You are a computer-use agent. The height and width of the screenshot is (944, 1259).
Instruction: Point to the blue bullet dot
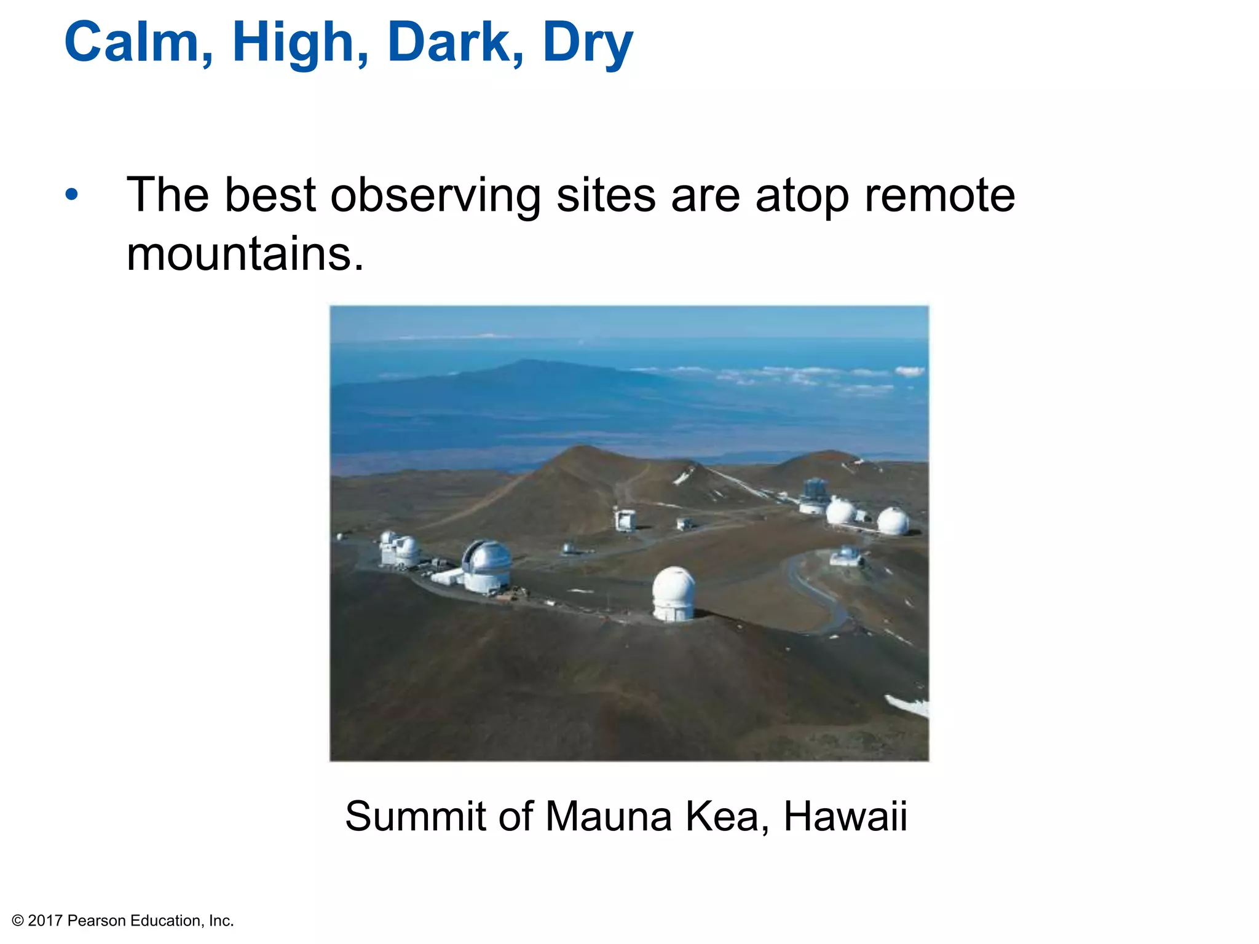click(72, 195)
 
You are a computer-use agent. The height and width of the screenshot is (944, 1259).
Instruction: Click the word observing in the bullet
click(435, 195)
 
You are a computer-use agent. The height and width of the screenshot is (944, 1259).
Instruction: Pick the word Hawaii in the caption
click(845, 816)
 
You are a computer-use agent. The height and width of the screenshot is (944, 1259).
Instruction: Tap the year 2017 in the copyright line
click(45, 921)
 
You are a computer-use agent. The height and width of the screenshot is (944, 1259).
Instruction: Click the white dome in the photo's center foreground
click(674, 593)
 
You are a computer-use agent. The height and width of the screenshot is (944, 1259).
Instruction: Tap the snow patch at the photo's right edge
click(910, 706)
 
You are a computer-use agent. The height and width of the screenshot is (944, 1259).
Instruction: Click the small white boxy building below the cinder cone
click(625, 520)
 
